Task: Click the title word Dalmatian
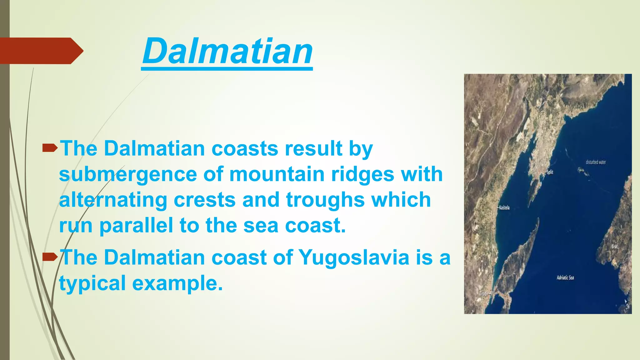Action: coord(227,51)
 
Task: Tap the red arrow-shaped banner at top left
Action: coord(41,51)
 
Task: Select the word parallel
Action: coord(136,225)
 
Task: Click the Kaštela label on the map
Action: coord(504,207)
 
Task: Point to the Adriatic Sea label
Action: coord(565,277)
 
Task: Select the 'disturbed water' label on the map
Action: coord(596,162)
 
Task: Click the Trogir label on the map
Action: coord(483,294)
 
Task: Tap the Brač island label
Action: coord(614,247)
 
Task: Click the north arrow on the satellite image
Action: coord(627,305)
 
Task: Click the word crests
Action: coord(204,200)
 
